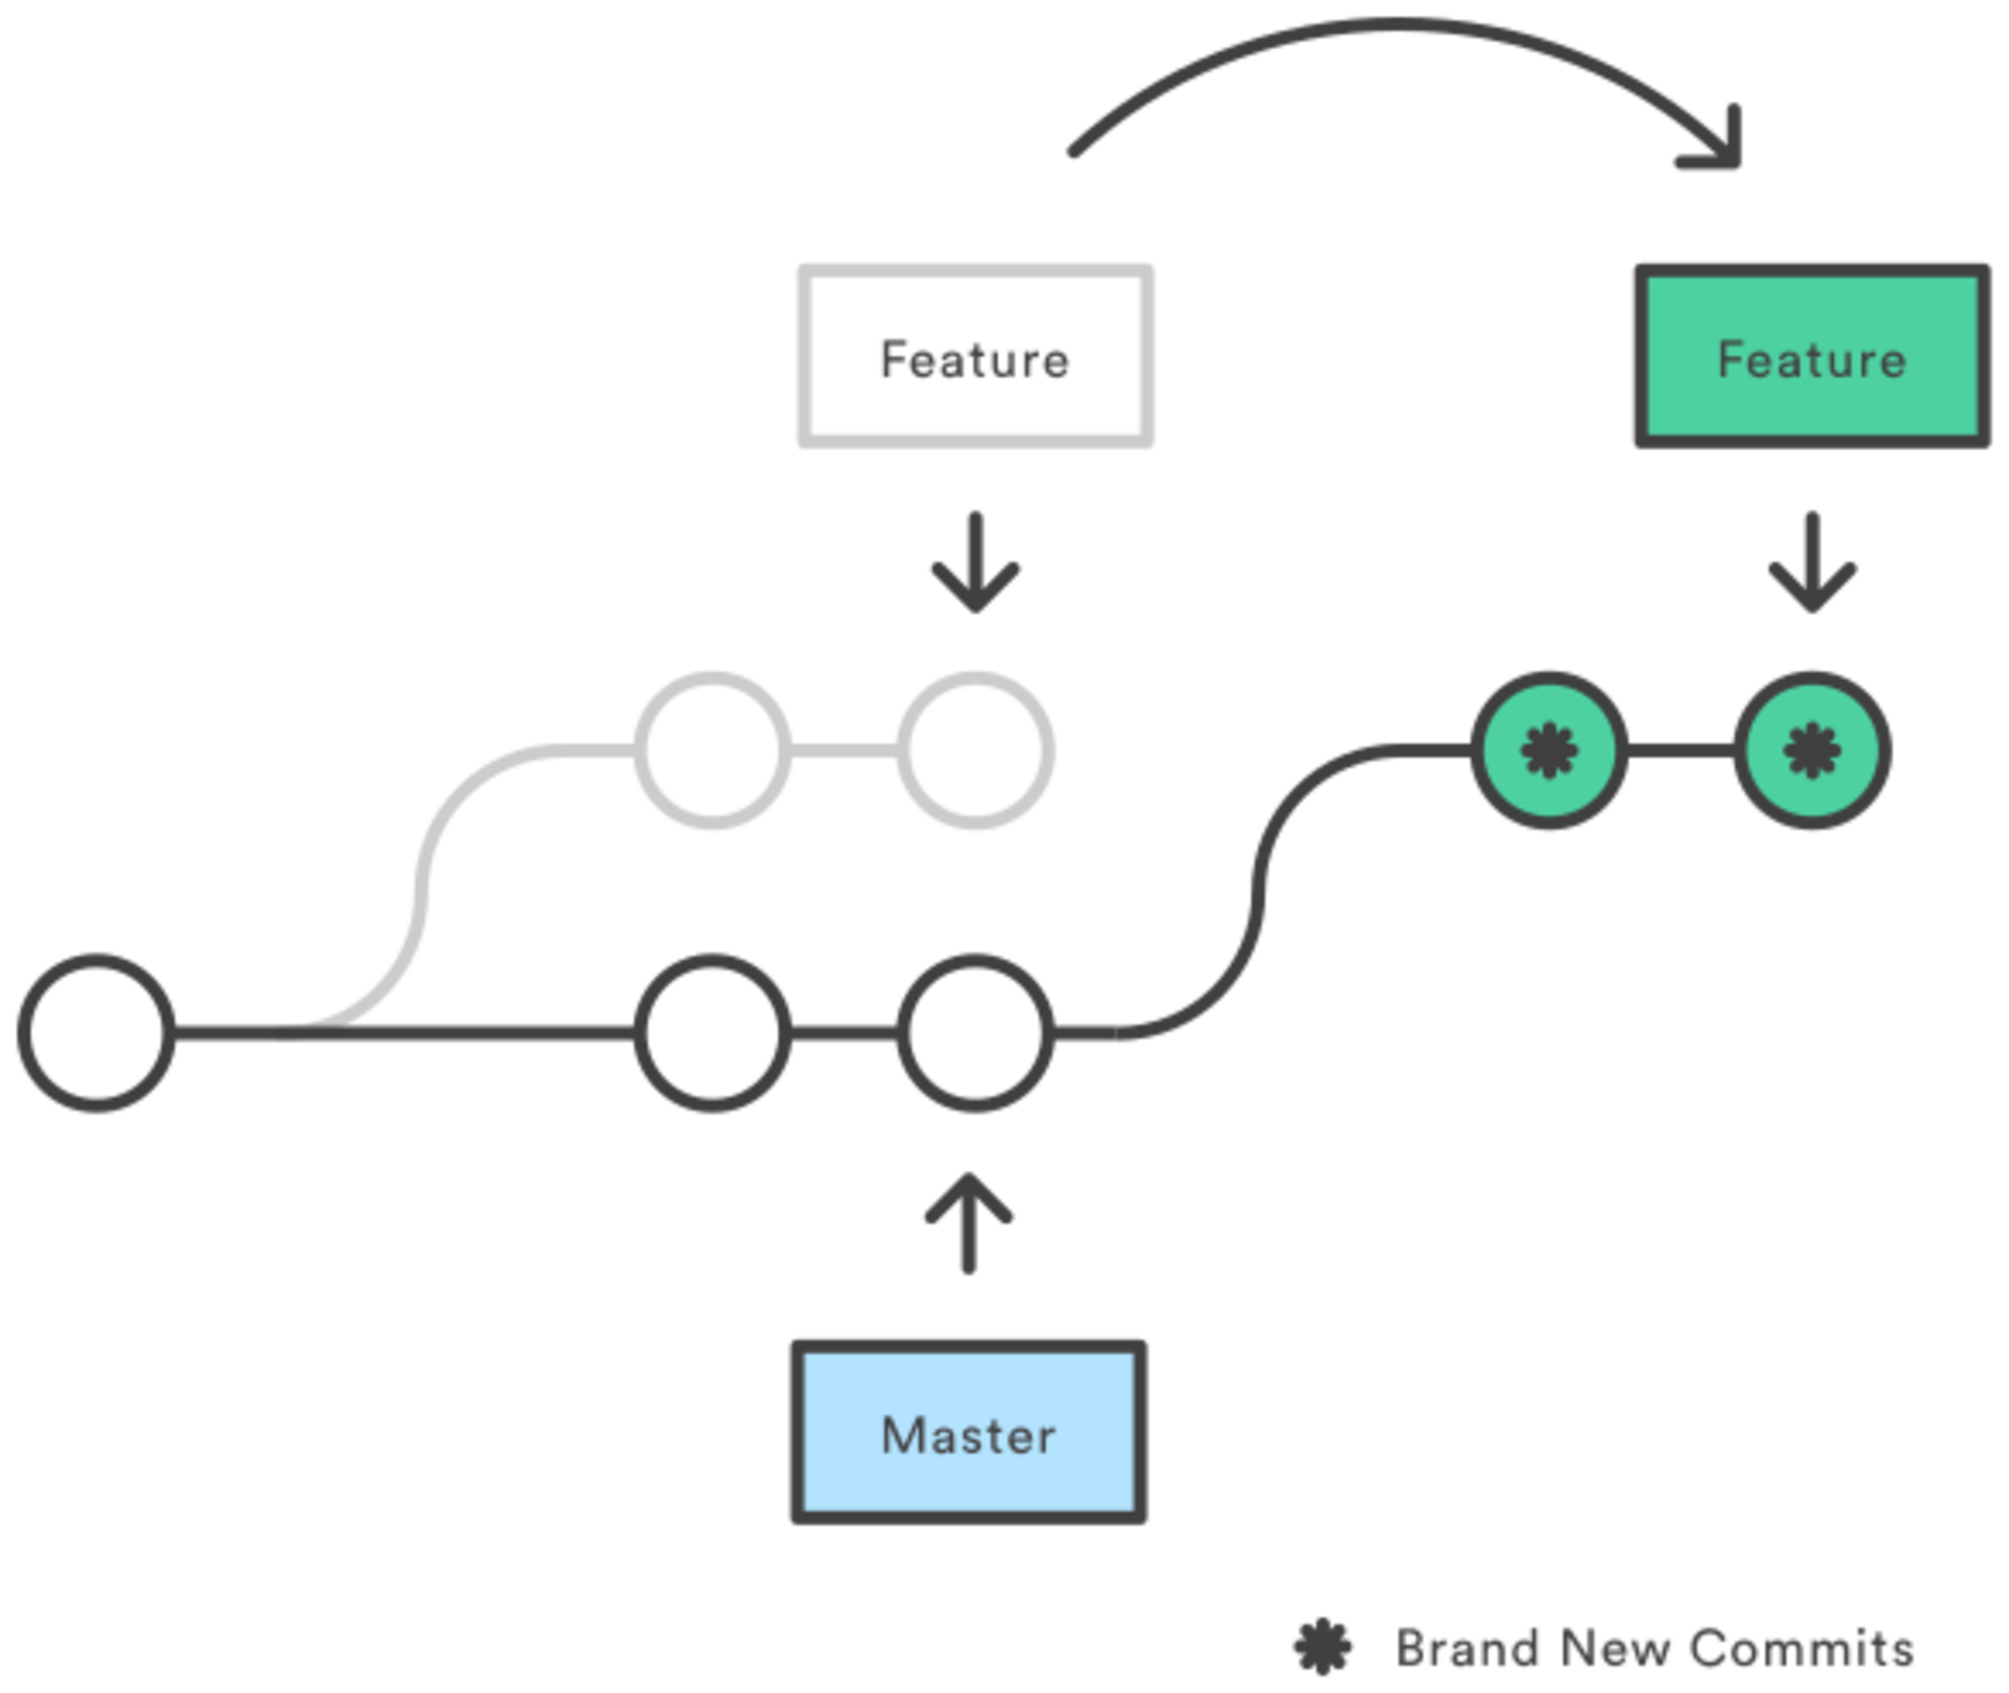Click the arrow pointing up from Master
point(968,1223)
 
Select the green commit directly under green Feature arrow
point(1812,750)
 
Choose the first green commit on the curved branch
point(1549,750)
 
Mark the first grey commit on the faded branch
point(712,750)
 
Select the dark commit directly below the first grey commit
point(712,1032)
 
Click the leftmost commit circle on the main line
point(97,1032)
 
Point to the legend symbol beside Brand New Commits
point(1324,1647)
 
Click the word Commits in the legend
point(1801,1647)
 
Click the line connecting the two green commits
point(1681,750)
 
